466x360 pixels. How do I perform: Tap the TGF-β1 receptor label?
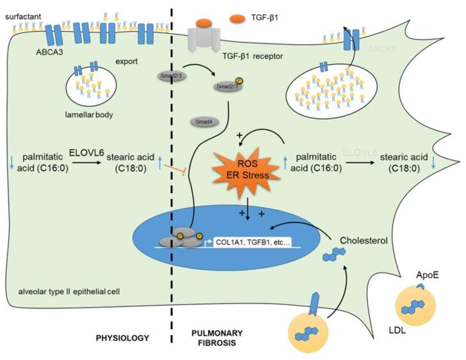(x=246, y=56)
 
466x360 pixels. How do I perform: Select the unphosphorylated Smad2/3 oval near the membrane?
(x=168, y=75)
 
